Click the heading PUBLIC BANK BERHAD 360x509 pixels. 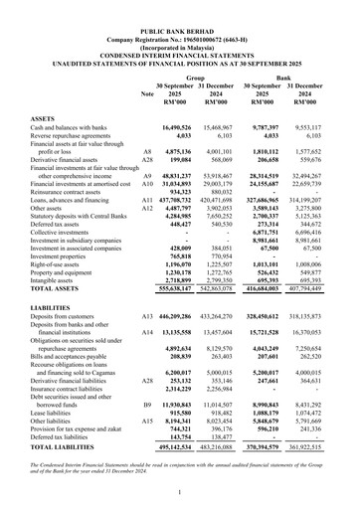click(x=180, y=6)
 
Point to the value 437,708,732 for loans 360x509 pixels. click(x=193, y=199)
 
